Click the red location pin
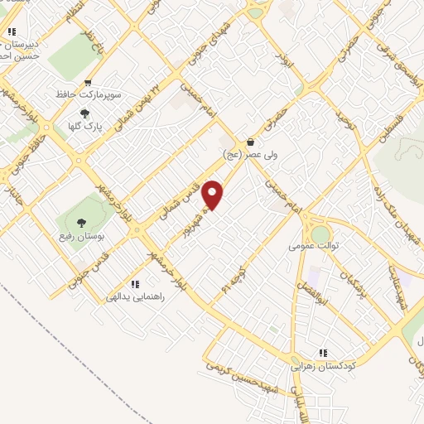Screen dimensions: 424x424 click(213, 195)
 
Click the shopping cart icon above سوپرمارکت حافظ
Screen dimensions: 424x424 click(88, 83)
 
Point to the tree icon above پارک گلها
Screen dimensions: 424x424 click(84, 114)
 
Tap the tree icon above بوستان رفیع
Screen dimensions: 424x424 click(81, 222)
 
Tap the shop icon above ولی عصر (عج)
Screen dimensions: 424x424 click(250, 142)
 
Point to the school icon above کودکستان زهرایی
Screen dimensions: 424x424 click(323, 352)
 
